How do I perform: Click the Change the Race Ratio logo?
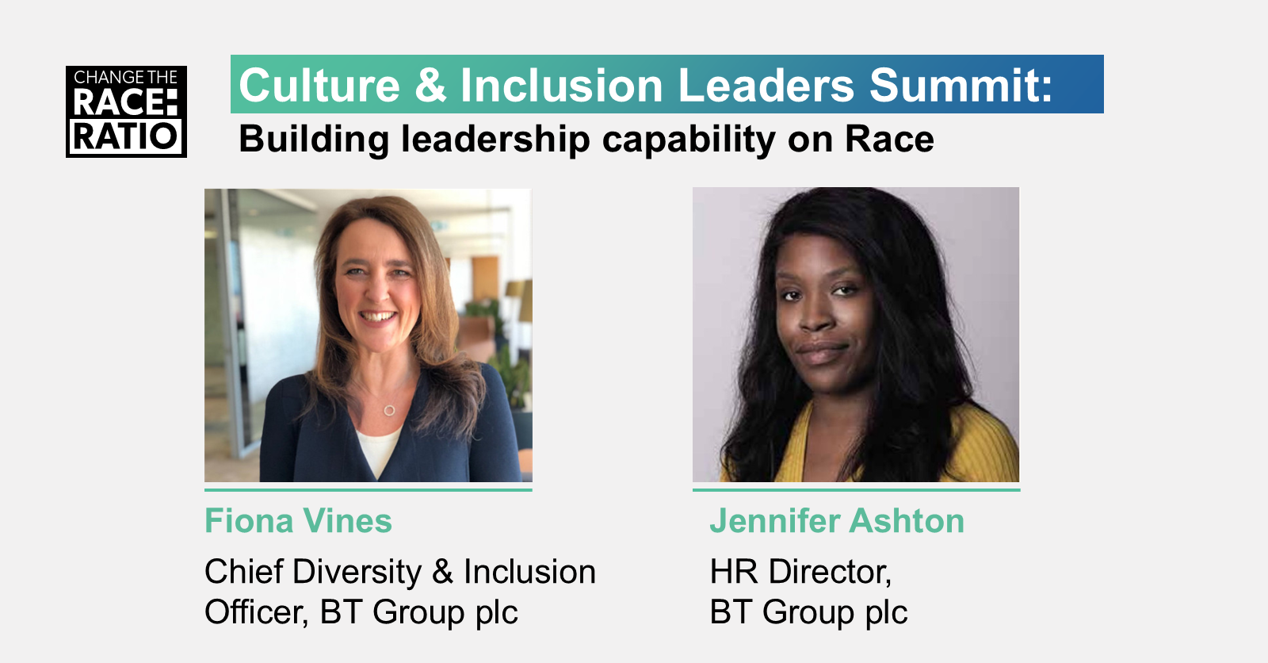[x=126, y=112]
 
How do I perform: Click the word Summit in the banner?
[x=961, y=86]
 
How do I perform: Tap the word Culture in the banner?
[x=319, y=86]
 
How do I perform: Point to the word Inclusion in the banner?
[x=561, y=86]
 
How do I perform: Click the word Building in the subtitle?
[x=314, y=140]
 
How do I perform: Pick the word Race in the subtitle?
[x=889, y=140]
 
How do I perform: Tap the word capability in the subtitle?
[x=689, y=140]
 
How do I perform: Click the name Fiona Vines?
[x=298, y=520]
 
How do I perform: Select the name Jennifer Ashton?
[x=837, y=520]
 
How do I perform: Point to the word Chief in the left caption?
[x=244, y=571]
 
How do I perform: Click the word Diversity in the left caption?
[x=357, y=572]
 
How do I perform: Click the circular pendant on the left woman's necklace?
[x=389, y=410]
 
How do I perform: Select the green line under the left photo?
[x=369, y=489]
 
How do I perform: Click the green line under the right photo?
[x=857, y=489]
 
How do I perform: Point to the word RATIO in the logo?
[x=126, y=136]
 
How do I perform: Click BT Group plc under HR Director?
[x=809, y=612]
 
